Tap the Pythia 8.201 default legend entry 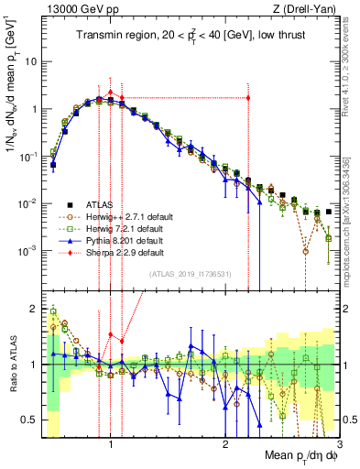point(106,241)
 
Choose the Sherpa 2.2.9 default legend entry point(107,253)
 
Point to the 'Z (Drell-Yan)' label point(308,8)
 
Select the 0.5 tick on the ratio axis point(30,420)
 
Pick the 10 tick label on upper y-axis point(30,61)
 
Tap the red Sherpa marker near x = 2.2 point(248,98)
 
